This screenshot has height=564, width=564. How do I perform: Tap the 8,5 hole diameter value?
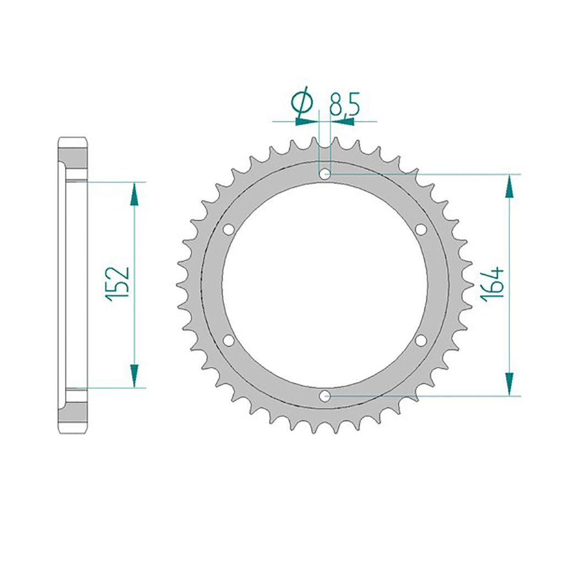[x=344, y=104]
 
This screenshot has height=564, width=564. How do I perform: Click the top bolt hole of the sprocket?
[x=325, y=175]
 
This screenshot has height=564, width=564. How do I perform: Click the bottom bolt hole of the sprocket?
[x=325, y=395]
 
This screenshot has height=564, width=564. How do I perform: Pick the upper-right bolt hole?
[x=421, y=230]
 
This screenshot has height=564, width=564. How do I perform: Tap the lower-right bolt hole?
[x=421, y=340]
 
